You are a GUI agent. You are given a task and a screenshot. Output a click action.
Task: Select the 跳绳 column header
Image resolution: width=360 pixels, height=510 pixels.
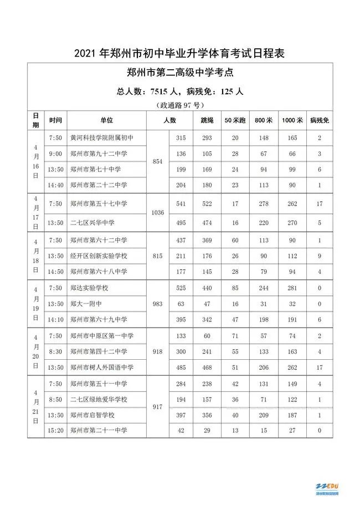click(x=207, y=120)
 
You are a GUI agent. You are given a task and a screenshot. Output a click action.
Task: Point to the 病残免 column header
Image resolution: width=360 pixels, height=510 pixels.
click(x=320, y=120)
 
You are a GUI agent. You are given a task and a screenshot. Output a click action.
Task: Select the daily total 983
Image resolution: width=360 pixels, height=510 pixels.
click(x=157, y=304)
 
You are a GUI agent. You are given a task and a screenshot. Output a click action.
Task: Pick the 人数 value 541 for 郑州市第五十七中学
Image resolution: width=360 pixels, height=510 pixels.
click(x=181, y=204)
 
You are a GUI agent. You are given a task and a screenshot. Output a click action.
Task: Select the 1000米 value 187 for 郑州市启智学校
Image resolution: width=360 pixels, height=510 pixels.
click(x=290, y=414)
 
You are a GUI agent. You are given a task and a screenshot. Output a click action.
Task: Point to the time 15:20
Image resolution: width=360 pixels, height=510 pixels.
click(x=55, y=430)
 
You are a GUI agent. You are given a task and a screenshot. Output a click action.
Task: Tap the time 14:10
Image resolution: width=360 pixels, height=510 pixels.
click(x=55, y=319)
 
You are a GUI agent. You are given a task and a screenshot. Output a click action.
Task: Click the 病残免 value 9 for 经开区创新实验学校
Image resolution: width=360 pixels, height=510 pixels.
click(x=320, y=256)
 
